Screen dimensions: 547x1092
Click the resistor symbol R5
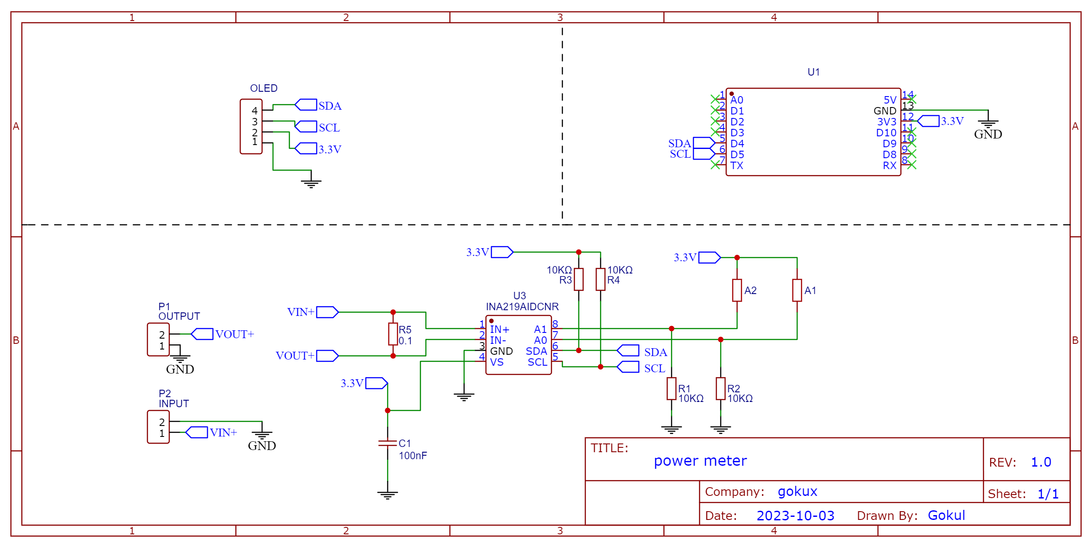(x=393, y=334)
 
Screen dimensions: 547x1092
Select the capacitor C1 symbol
(x=387, y=443)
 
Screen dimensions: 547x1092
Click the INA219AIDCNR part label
(x=522, y=307)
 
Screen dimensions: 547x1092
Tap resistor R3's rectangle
(x=578, y=279)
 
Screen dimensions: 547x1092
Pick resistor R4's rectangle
(x=600, y=279)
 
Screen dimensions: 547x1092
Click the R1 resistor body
(x=671, y=388)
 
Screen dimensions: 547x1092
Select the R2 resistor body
(x=720, y=388)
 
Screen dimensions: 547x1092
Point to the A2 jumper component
(x=737, y=290)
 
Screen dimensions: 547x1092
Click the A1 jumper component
(x=797, y=290)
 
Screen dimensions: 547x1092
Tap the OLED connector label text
(x=263, y=88)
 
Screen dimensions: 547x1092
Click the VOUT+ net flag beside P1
(x=202, y=334)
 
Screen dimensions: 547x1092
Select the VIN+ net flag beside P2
(x=197, y=433)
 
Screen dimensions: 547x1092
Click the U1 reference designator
(x=813, y=72)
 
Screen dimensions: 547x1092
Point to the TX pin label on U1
(x=736, y=166)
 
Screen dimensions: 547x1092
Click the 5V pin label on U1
(x=890, y=100)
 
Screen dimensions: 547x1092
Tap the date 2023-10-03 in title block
(x=795, y=516)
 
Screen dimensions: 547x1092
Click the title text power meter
(x=700, y=461)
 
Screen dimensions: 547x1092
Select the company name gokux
(x=797, y=492)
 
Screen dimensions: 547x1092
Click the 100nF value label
(x=413, y=456)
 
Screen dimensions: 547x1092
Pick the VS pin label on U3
(x=497, y=362)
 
